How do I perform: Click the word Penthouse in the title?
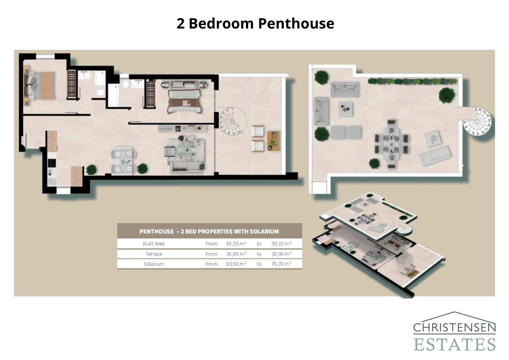[x=296, y=24]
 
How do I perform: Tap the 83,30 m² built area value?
[x=236, y=244]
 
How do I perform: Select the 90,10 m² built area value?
[x=281, y=244]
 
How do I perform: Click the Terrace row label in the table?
[x=154, y=254]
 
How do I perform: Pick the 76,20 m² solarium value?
[x=281, y=264]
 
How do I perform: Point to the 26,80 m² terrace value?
[x=236, y=254]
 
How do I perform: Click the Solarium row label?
[x=154, y=264]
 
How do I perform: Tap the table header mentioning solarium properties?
[x=209, y=231]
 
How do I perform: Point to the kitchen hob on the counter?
[x=51, y=163]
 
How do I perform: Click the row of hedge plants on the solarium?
[x=412, y=82]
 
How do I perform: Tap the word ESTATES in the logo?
[x=454, y=345]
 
